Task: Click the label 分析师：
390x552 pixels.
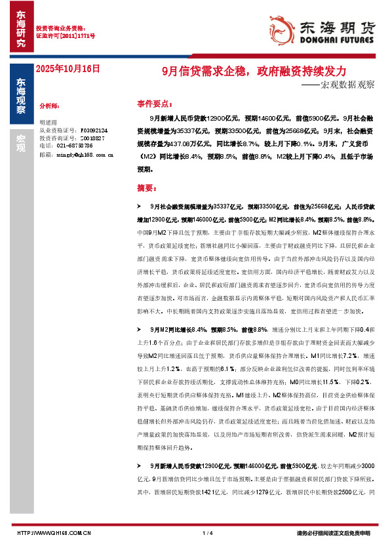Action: pyautogui.click(x=50, y=105)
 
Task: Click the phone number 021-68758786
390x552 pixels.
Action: pyautogui.click(x=66, y=146)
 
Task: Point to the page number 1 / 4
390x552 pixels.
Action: pyautogui.click(x=208, y=532)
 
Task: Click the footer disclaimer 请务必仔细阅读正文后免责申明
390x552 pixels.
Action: pyautogui.click(x=334, y=532)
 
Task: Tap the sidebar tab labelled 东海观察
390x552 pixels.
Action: pyautogui.click(x=22, y=91)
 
